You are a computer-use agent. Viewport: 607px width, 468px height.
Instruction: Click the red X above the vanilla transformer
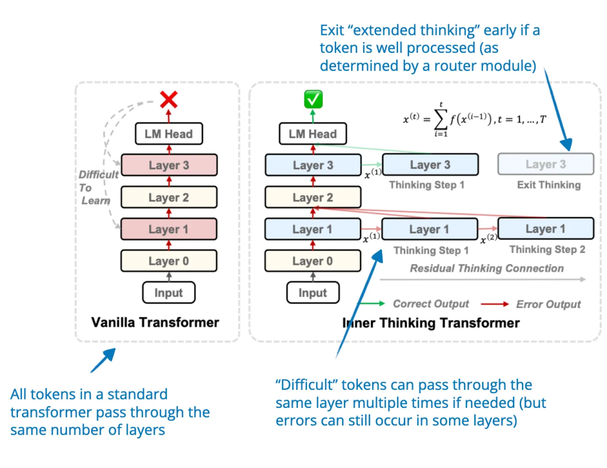169,101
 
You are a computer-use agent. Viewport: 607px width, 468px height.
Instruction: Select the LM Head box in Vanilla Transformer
169,134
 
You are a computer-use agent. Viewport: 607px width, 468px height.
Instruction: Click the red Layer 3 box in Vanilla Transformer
169,165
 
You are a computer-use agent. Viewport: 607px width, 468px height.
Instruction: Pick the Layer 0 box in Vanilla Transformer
169,261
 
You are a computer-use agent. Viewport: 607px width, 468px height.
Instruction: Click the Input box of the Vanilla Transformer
169,293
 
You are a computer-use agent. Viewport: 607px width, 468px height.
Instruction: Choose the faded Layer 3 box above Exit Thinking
546,165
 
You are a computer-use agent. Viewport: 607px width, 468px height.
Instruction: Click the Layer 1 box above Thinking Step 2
545,229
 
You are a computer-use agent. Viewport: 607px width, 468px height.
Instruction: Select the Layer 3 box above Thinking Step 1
430,165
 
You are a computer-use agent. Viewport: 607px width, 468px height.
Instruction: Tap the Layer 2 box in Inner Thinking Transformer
312,197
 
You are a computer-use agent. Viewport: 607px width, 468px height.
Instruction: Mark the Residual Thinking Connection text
487,268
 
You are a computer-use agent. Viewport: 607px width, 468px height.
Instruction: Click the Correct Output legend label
431,304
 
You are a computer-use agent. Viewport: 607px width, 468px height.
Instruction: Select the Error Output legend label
548,304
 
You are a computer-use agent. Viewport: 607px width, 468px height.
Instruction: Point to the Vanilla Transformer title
155,322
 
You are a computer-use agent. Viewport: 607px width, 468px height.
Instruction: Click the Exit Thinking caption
549,185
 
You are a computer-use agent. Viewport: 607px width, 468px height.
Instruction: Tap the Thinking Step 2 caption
547,249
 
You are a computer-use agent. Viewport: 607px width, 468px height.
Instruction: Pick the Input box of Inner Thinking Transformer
312,293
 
